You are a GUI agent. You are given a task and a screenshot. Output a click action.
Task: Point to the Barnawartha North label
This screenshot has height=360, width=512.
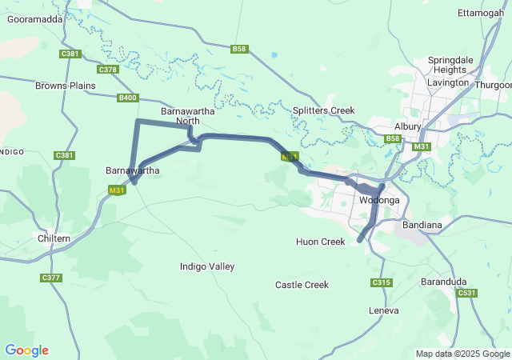(x=179, y=116)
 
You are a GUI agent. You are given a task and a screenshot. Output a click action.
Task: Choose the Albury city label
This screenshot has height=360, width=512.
(x=407, y=126)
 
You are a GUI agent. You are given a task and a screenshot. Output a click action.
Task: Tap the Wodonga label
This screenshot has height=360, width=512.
(x=379, y=200)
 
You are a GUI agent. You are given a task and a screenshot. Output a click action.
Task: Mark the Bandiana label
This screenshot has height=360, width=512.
(x=422, y=225)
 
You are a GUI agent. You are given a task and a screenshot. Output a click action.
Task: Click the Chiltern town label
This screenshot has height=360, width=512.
(x=54, y=238)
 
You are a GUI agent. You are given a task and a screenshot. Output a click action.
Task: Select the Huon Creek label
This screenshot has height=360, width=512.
(x=320, y=242)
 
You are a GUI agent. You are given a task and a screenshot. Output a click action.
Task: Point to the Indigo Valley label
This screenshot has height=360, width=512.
(x=207, y=266)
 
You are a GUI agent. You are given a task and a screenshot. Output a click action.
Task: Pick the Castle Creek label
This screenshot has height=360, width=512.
(x=302, y=285)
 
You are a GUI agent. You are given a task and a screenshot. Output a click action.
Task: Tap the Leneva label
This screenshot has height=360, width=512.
(x=383, y=310)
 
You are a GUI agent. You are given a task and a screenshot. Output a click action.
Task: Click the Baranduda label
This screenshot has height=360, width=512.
(x=444, y=282)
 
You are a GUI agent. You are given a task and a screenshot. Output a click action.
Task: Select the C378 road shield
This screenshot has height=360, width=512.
(x=108, y=70)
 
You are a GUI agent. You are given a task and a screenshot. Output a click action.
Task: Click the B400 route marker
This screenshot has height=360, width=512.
(x=127, y=98)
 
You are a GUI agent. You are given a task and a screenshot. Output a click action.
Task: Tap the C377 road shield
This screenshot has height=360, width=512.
(x=50, y=278)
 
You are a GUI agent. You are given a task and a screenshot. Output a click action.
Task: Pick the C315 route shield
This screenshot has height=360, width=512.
(x=382, y=282)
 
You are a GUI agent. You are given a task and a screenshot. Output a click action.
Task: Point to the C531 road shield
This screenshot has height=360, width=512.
(x=467, y=294)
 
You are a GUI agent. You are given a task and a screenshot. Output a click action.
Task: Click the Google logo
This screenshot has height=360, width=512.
(x=26, y=350)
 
